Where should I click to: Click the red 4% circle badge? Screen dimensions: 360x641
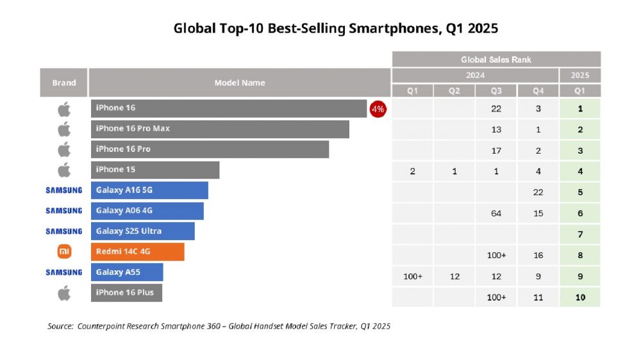(378, 109)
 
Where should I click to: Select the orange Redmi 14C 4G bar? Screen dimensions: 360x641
(137, 252)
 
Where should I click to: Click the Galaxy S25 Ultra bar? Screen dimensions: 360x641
(142, 231)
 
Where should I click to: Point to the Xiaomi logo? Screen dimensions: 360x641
(64, 252)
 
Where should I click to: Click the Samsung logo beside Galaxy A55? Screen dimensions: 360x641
(64, 272)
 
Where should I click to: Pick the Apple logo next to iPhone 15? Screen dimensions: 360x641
(64, 170)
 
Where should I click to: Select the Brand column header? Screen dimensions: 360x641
(64, 83)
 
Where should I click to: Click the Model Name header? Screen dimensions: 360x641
(240, 83)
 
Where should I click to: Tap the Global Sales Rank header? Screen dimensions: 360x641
(496, 60)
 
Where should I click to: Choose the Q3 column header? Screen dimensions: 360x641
(496, 91)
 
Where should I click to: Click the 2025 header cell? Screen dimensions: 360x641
(580, 75)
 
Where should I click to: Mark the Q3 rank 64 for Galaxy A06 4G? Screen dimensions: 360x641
(496, 213)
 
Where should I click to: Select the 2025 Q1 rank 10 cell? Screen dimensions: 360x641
(580, 297)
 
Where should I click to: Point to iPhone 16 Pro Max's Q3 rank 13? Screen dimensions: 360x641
(496, 129)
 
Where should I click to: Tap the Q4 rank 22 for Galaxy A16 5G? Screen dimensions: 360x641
(538, 192)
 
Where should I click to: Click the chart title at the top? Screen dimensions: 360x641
(336, 29)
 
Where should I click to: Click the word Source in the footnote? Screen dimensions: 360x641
(60, 326)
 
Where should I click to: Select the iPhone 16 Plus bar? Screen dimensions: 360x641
(126, 293)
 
